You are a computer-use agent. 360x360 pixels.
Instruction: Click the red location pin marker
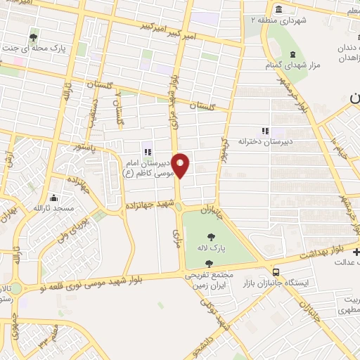[181, 165]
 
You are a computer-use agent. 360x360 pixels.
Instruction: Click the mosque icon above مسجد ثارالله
[54, 198]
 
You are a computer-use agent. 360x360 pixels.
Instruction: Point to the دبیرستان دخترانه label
[264, 141]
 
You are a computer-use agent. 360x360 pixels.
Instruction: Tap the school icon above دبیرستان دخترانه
[265, 130]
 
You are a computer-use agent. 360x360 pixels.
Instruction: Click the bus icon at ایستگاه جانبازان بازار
[276, 271]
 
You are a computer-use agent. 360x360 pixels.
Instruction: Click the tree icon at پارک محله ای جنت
[34, 37]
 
